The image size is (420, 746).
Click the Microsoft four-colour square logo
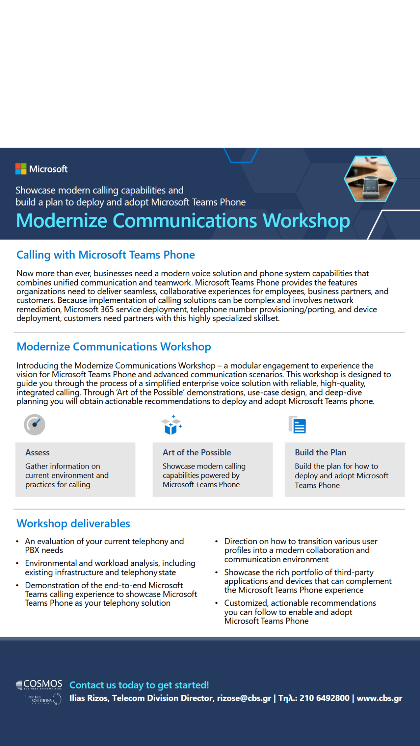(21, 169)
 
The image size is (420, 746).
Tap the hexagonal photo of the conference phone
(370, 179)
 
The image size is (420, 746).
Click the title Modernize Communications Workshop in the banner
(183, 221)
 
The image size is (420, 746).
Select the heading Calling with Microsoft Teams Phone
(105, 255)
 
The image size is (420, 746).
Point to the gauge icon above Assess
(35, 424)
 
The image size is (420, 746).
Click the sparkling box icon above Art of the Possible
(171, 425)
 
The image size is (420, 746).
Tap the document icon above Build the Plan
(297, 425)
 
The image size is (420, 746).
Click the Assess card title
(37, 453)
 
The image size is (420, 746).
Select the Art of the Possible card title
(197, 453)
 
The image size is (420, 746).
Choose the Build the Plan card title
(320, 453)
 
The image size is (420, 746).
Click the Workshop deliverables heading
(73, 524)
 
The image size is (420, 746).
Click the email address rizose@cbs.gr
(244, 698)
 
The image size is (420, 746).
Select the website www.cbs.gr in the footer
(379, 698)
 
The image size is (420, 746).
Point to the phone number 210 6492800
(324, 698)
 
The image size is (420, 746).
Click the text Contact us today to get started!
(139, 685)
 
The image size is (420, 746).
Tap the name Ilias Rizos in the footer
(88, 698)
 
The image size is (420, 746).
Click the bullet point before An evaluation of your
(17, 541)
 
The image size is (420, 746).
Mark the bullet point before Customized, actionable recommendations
(217, 603)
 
